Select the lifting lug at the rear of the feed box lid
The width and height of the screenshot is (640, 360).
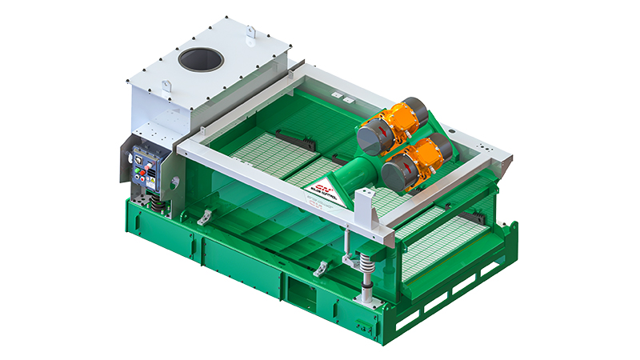click(x=250, y=33)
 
